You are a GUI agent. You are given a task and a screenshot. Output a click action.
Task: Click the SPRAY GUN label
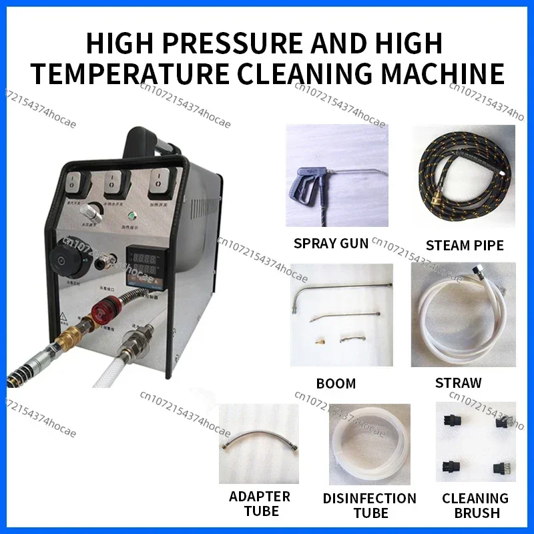[331, 243]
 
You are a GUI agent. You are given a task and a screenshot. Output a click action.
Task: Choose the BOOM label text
[336, 383]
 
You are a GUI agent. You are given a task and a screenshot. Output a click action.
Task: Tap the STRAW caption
[458, 383]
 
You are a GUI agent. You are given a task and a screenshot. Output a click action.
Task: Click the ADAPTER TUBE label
[260, 504]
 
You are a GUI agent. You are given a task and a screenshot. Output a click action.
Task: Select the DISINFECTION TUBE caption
[369, 505]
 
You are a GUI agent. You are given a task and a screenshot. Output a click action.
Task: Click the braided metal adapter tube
[259, 443]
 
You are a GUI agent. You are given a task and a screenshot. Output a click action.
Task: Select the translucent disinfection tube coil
[369, 443]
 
